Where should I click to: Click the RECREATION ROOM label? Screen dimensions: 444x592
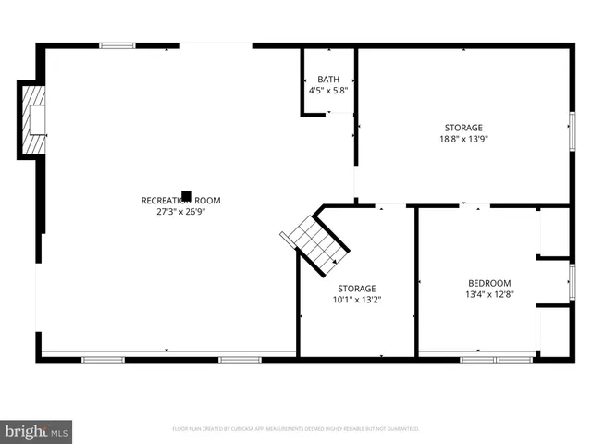pyautogui.click(x=180, y=200)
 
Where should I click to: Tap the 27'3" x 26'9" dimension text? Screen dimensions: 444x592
pyautogui.click(x=180, y=210)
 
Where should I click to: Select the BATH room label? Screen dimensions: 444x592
pyautogui.click(x=327, y=80)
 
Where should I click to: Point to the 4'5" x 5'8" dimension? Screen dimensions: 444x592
pyautogui.click(x=327, y=91)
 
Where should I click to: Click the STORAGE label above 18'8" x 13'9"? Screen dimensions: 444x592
pyautogui.click(x=462, y=128)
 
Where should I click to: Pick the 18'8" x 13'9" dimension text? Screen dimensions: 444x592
pyautogui.click(x=462, y=139)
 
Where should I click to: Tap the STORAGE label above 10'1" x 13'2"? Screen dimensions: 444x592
pyautogui.click(x=356, y=289)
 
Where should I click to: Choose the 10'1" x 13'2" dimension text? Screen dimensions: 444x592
pyautogui.click(x=356, y=300)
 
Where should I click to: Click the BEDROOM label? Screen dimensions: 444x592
pyautogui.click(x=488, y=283)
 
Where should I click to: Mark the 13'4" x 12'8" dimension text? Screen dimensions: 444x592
pyautogui.click(x=488, y=294)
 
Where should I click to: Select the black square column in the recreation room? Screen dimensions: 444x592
pyautogui.click(x=186, y=196)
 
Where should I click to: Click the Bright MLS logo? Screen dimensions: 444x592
pyautogui.click(x=36, y=431)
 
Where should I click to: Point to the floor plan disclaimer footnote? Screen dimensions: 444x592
pyautogui.click(x=295, y=429)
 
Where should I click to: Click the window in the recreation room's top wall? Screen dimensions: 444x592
pyautogui.click(x=117, y=45)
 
